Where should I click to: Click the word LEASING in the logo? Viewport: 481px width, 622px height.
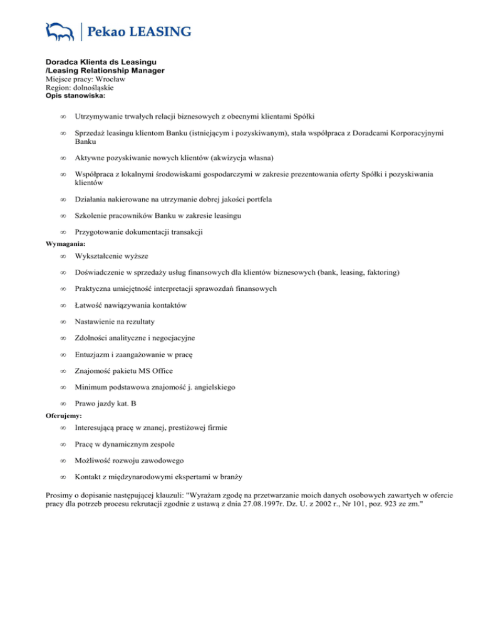pos(162,31)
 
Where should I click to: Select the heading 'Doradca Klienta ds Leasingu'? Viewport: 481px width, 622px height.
pos(101,63)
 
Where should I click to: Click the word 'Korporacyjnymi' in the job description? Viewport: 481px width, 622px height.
pos(412,132)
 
